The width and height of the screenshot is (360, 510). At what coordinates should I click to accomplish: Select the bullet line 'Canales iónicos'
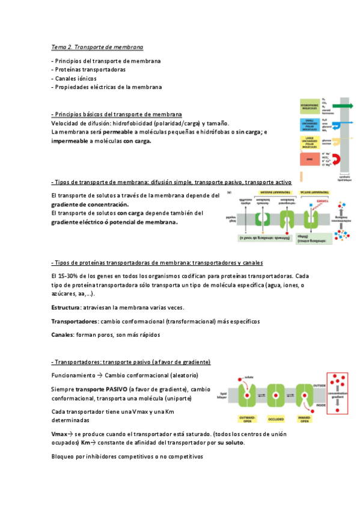point(75,78)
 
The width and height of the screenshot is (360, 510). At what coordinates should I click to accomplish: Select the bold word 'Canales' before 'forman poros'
point(62,334)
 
